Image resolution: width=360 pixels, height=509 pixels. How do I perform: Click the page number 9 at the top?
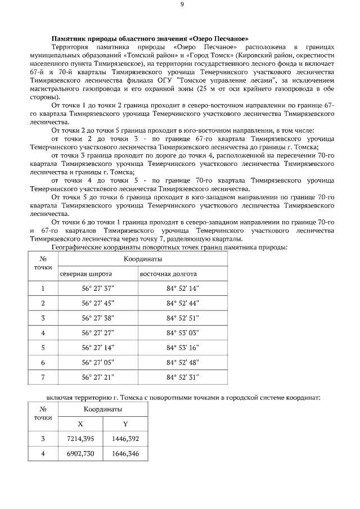pos(182,4)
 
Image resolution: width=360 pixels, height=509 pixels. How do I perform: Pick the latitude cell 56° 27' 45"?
pos(98,303)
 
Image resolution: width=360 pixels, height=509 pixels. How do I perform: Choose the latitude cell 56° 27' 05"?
pos(98,362)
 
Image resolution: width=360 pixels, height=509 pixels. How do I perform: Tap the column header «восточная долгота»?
pos(168,274)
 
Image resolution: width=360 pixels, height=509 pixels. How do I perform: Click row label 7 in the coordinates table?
pos(43,377)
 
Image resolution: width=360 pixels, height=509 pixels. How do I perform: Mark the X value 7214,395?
pos(80,438)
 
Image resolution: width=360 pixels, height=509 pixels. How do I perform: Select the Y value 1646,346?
pos(125,452)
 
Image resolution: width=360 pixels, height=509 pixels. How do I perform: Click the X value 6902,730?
pos(80,452)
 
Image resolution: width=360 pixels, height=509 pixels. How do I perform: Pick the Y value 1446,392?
pos(125,438)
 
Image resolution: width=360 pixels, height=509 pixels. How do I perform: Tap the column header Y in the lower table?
pos(125,424)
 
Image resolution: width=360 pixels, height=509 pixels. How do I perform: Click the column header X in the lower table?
pos(80,424)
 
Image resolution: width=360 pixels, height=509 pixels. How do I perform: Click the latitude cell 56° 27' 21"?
pos(98,377)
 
